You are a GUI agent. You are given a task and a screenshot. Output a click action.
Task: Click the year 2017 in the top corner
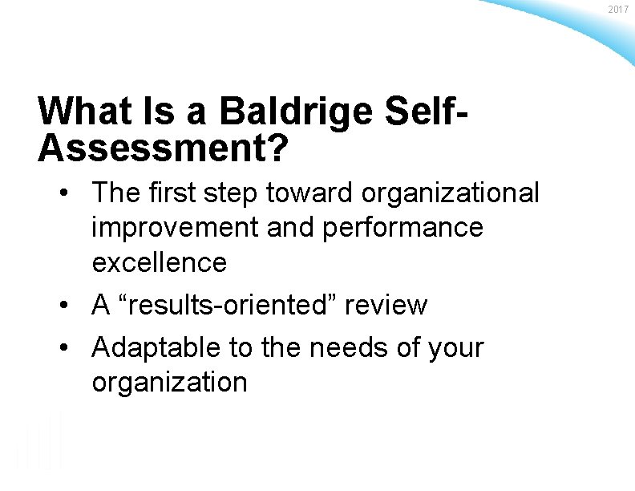(617, 9)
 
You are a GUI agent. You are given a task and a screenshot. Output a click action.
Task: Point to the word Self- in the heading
(429, 112)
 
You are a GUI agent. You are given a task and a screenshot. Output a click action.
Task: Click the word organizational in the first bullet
(451, 193)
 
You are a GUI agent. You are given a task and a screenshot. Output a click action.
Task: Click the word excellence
(160, 262)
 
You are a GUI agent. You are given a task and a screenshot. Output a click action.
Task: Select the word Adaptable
(160, 348)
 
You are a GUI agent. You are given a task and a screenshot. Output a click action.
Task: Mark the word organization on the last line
(169, 383)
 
